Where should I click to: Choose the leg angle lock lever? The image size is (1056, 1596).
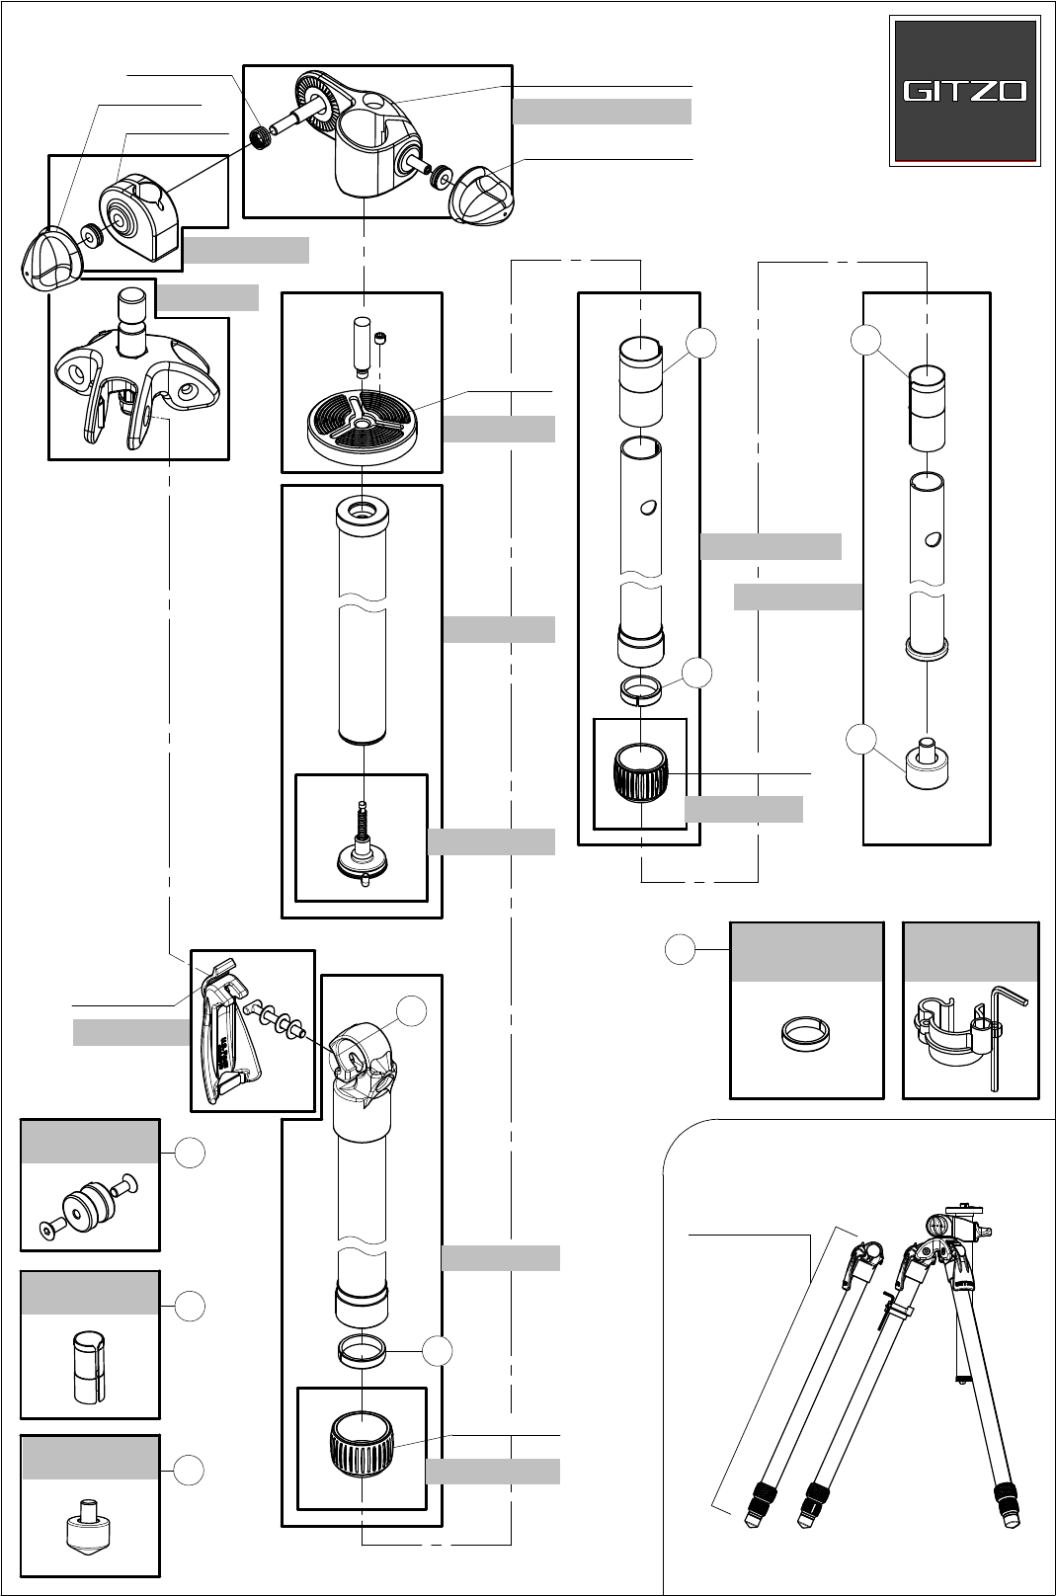[225, 1033]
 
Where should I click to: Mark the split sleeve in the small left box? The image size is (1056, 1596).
[89, 1367]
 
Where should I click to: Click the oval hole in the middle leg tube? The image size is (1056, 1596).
[647, 508]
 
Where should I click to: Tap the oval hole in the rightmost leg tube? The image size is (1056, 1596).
[933, 539]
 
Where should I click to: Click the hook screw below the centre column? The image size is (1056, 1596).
[362, 850]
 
